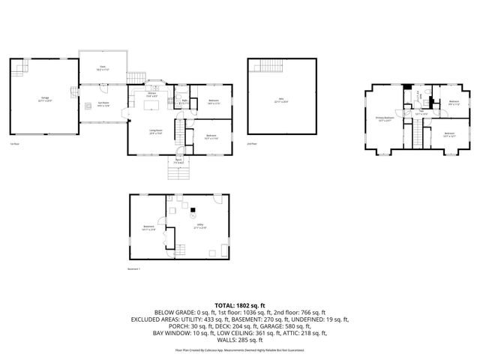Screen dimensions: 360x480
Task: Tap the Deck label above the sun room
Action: [103, 67]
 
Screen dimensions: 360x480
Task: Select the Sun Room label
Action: [103, 104]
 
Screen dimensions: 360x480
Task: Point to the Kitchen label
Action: [151, 95]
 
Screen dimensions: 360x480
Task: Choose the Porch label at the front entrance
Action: [178, 160]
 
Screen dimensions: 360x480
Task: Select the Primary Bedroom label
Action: [385, 118]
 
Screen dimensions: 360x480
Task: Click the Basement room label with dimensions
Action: [148, 229]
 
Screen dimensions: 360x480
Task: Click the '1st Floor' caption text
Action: [14, 143]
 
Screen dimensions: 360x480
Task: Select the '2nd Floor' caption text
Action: [252, 143]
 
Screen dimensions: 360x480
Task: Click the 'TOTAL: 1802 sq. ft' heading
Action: [240, 304]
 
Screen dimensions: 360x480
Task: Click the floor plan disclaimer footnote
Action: [240, 349]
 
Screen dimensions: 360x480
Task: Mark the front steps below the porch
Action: [178, 174]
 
